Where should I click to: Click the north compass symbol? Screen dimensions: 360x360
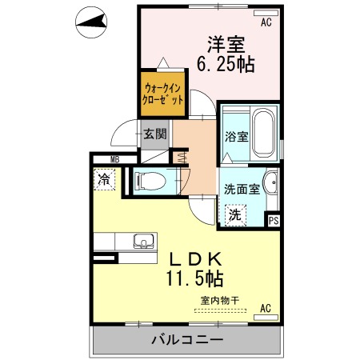tap(91, 22)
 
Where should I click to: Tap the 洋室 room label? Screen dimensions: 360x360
tap(226, 45)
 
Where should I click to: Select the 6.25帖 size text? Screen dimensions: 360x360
tap(226, 65)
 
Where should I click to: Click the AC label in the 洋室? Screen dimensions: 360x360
tap(266, 22)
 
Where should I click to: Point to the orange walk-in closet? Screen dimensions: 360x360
tap(162, 94)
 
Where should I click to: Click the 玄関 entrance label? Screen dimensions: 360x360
tap(155, 134)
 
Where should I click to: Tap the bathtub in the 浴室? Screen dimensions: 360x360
tap(264, 133)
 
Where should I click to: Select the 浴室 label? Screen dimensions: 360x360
tap(237, 137)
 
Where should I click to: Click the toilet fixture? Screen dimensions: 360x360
tap(150, 182)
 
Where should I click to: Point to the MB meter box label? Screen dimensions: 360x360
tap(115, 160)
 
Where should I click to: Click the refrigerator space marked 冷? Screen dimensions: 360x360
tap(104, 179)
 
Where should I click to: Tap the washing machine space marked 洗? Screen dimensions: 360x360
tap(235, 215)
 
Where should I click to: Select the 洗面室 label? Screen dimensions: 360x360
tap(242, 189)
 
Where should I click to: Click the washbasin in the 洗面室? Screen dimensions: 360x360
tap(270, 182)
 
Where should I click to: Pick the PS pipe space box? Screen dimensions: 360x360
tap(274, 220)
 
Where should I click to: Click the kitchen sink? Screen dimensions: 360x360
tap(144, 241)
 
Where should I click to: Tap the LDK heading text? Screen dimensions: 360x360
tap(196, 259)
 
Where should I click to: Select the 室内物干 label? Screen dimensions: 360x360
tap(220, 301)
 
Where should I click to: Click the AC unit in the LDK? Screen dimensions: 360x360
tap(266, 318)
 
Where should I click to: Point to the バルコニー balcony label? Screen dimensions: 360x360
tap(187, 340)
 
